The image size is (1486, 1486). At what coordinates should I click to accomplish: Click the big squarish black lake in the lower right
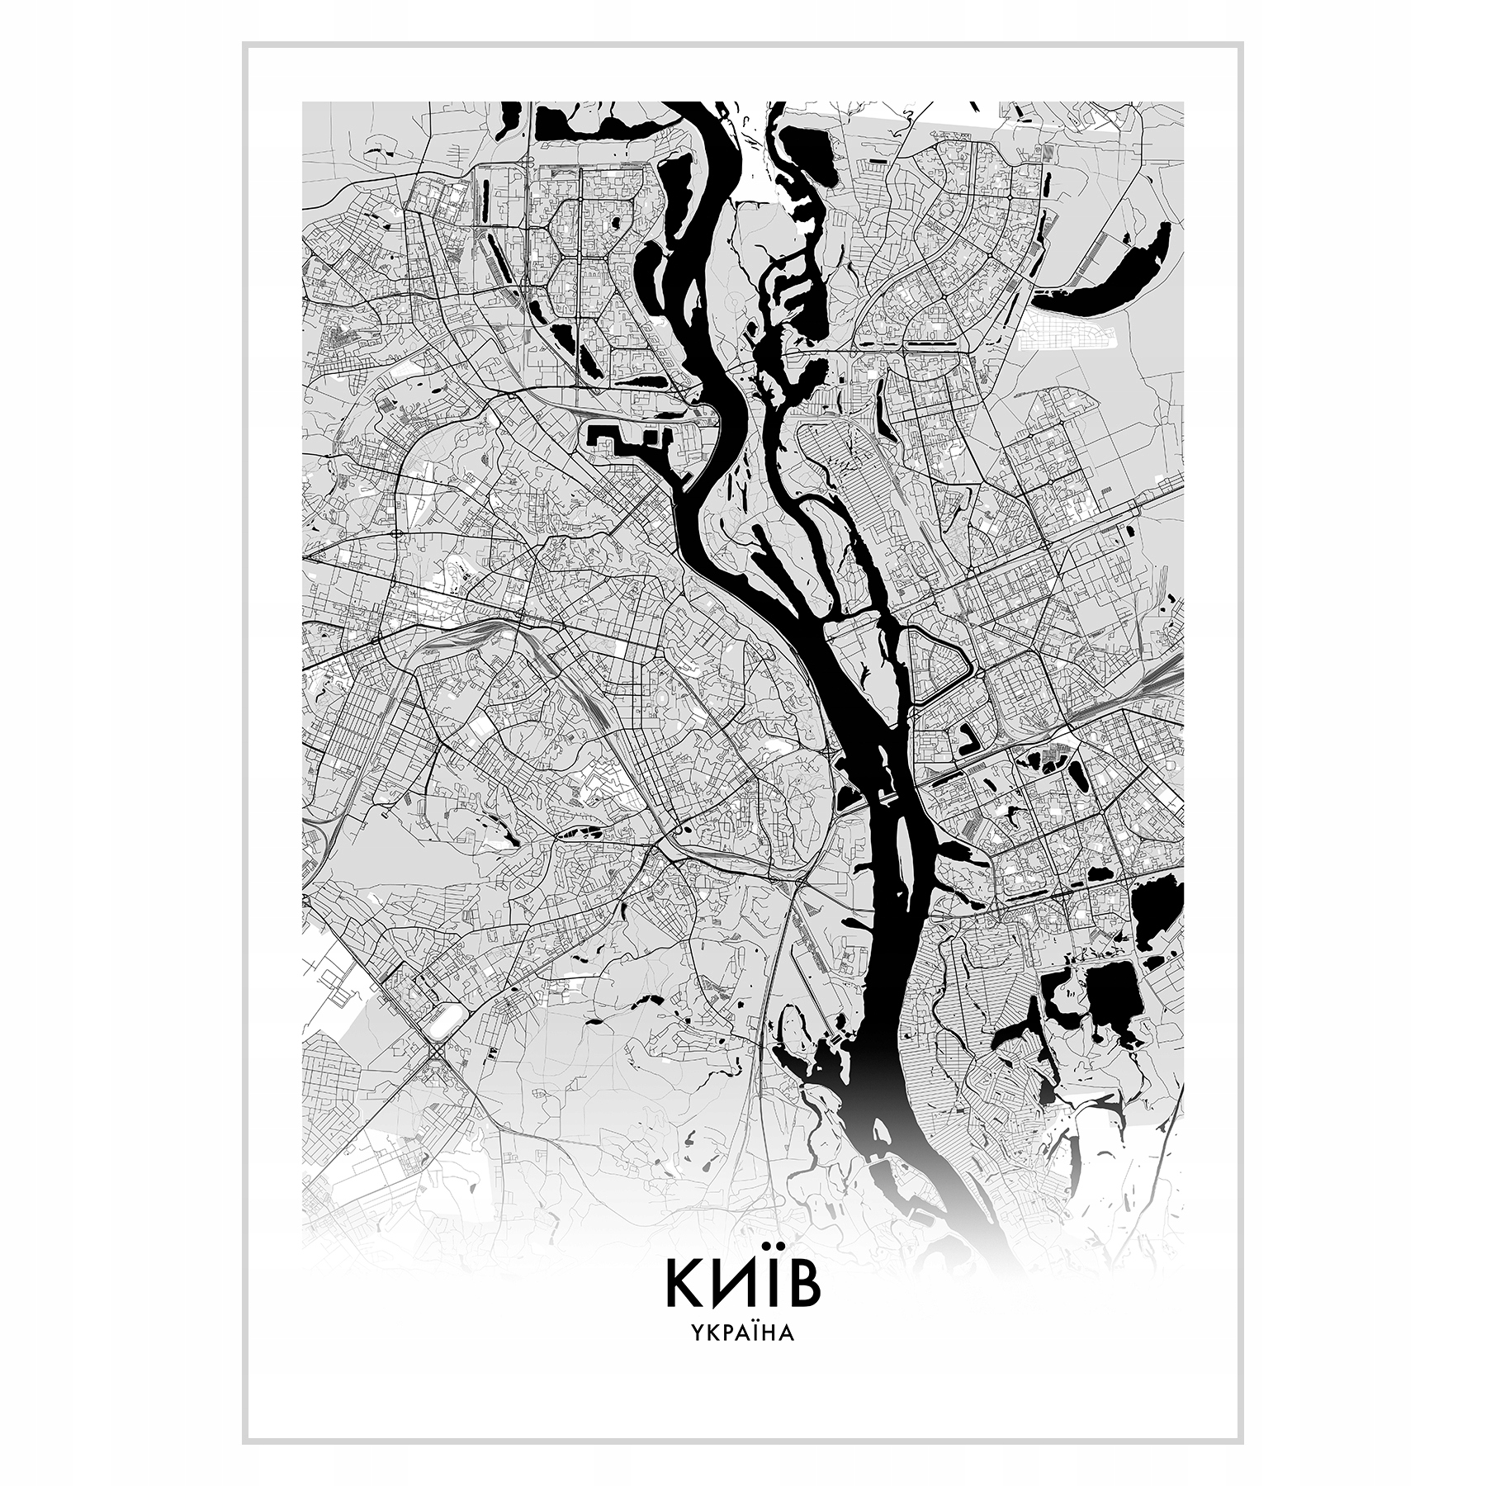1114,999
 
